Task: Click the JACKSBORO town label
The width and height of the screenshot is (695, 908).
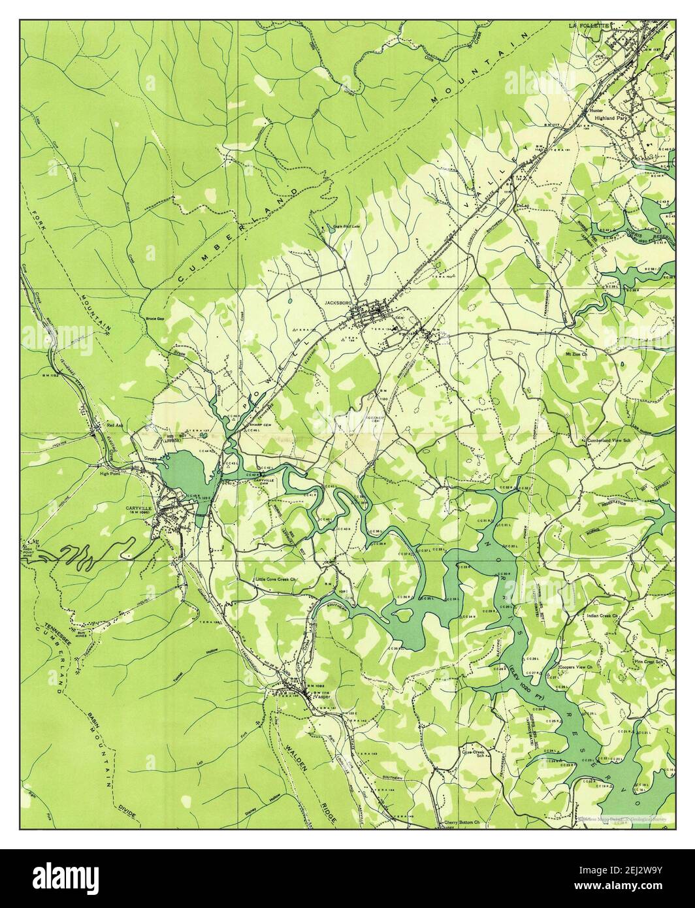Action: pyautogui.click(x=338, y=304)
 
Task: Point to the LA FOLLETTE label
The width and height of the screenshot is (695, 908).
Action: pyautogui.click(x=589, y=25)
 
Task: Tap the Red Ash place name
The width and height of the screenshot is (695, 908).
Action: pyautogui.click(x=115, y=425)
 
